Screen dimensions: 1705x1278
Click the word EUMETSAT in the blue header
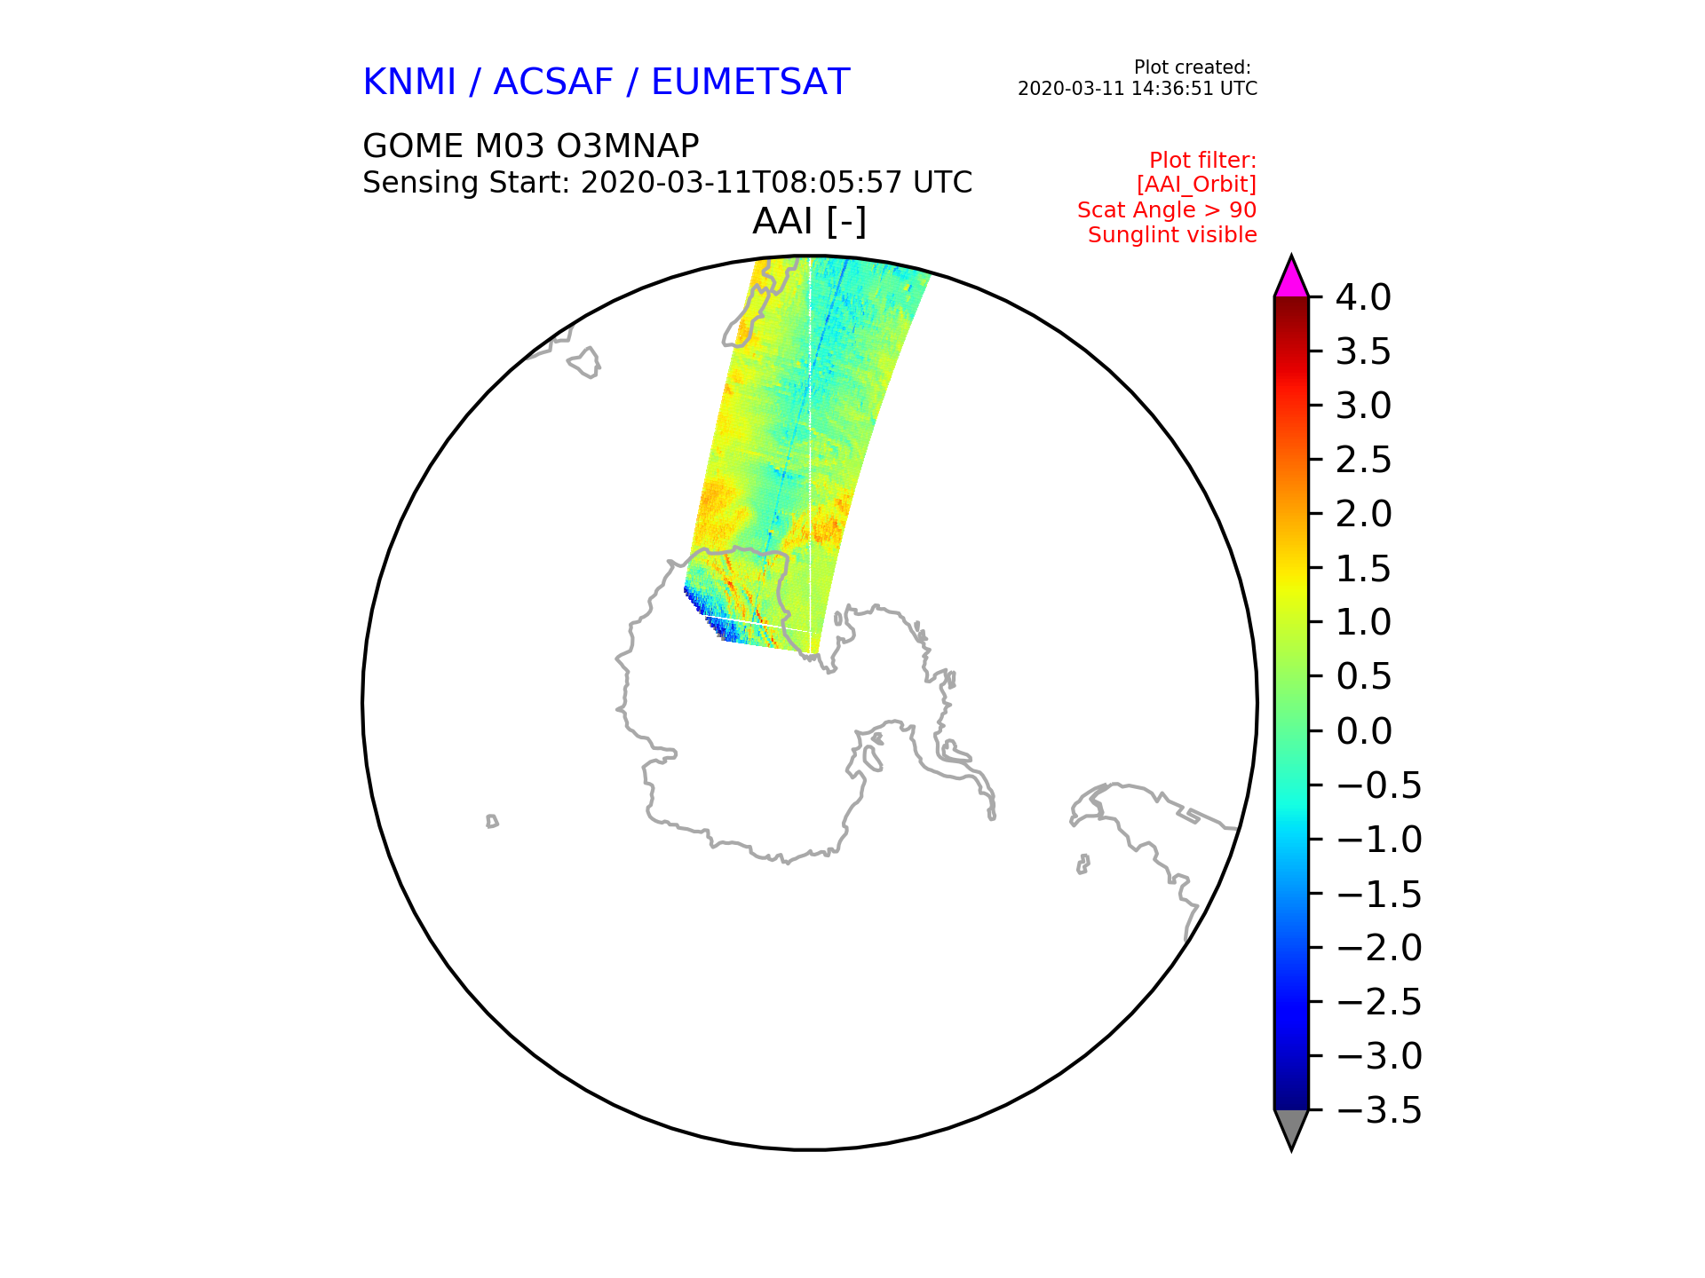(x=750, y=82)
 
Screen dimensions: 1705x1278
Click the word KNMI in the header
(x=409, y=82)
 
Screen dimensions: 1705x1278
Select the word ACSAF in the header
(x=553, y=82)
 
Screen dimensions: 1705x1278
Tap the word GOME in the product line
(x=413, y=146)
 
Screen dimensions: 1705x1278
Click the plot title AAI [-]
(x=809, y=221)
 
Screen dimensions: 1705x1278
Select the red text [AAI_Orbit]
(x=1196, y=185)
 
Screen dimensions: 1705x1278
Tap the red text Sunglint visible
(x=1172, y=235)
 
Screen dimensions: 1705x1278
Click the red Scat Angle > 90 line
(x=1167, y=210)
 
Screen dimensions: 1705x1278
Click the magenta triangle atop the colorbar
(x=1291, y=277)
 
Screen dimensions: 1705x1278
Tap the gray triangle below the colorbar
(x=1291, y=1129)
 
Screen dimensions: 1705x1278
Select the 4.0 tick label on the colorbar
(x=1363, y=297)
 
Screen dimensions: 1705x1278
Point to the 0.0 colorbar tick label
(x=1363, y=731)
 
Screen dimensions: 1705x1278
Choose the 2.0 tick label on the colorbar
(x=1363, y=514)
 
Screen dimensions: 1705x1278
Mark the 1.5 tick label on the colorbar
(x=1363, y=569)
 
